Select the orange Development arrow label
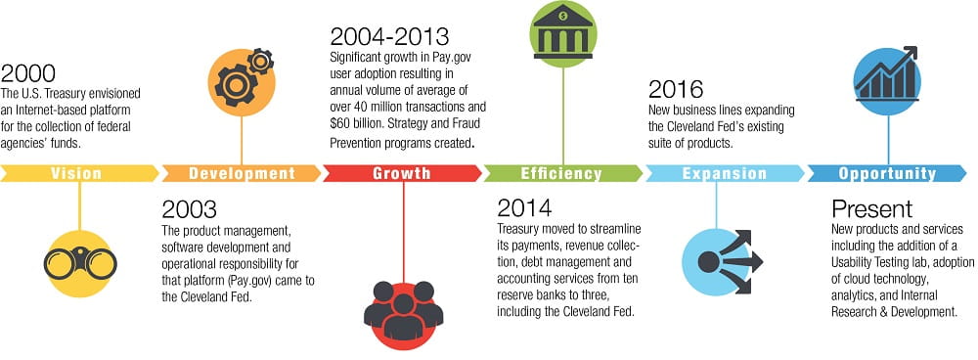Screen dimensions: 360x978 [242, 173]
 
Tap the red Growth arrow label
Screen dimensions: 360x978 [402, 173]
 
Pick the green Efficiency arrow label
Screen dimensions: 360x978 [561, 173]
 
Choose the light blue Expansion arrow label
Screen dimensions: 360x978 [724, 173]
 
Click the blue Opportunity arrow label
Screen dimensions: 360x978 [886, 173]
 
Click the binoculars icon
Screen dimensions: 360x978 [80, 260]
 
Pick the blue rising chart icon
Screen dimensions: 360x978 [887, 78]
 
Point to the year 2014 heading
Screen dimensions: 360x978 [524, 207]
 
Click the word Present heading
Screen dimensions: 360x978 [871, 208]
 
